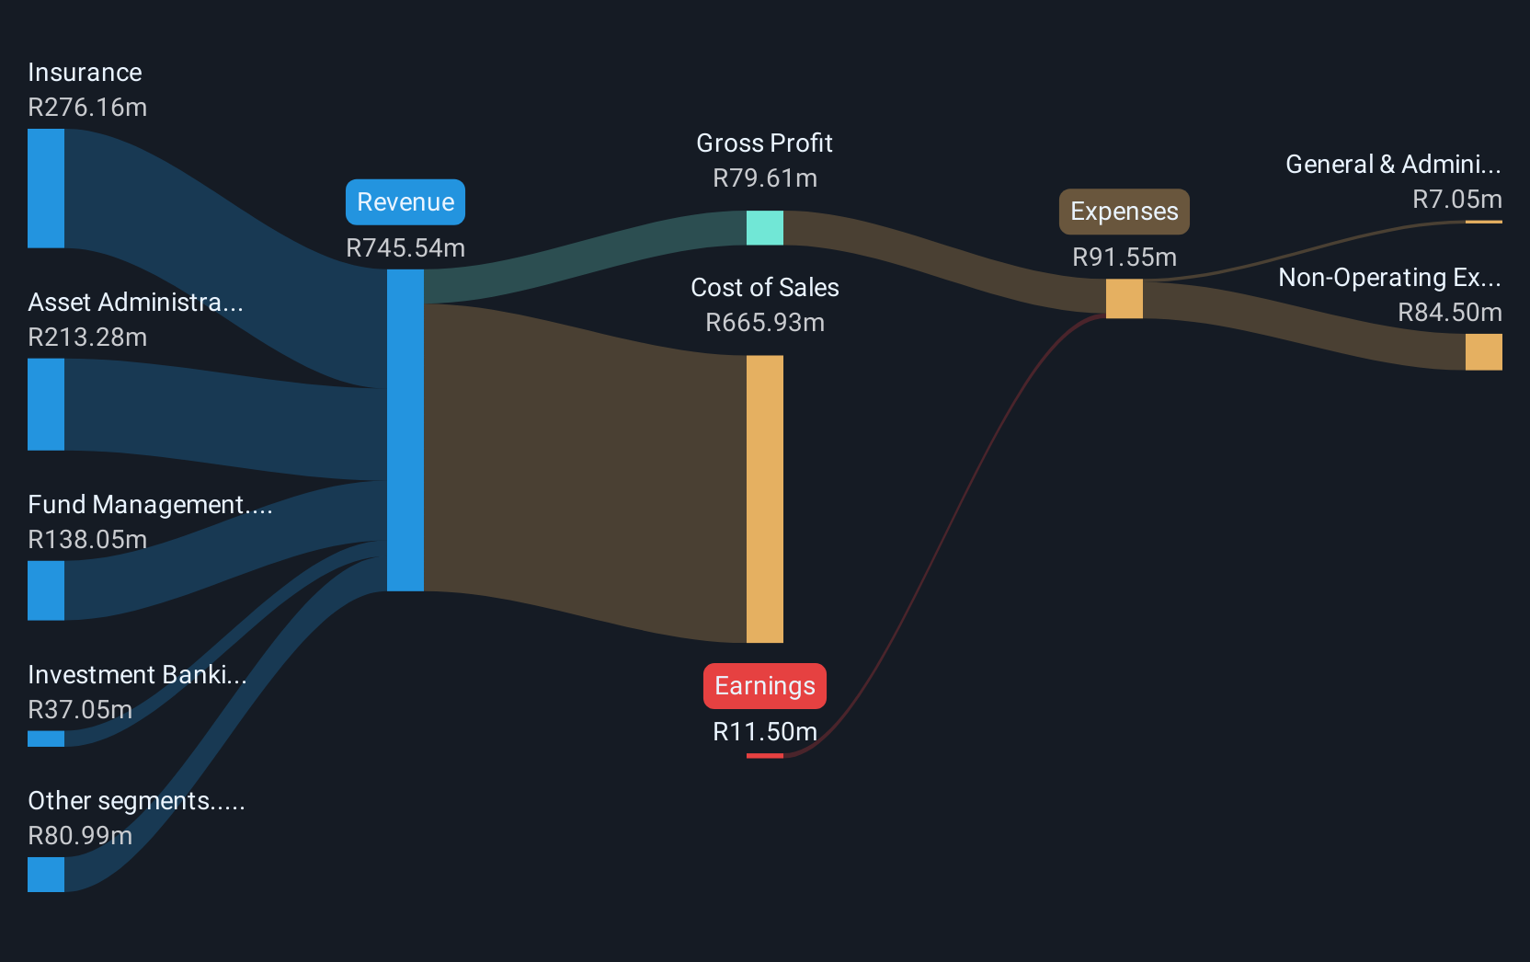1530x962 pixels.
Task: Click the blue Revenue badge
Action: [x=405, y=202]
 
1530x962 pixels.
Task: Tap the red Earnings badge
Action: [x=764, y=686]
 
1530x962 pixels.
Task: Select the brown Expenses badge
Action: [x=1124, y=212]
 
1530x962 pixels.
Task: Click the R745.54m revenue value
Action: [x=405, y=248]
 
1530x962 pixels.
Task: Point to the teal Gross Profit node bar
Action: [x=764, y=228]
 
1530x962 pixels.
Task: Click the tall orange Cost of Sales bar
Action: [x=764, y=498]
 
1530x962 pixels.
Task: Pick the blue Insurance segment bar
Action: [x=46, y=189]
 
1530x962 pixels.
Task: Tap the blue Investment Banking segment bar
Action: [x=46, y=739]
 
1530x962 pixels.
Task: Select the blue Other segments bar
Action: [x=46, y=875]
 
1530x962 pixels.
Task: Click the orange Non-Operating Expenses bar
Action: [x=1483, y=352]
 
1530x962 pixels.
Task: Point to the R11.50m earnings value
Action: [x=764, y=732]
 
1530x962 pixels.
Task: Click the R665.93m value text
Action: [x=764, y=323]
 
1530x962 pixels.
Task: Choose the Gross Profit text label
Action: [x=764, y=143]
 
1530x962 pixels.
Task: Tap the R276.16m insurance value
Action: [x=87, y=108]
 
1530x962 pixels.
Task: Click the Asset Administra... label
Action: [x=135, y=303]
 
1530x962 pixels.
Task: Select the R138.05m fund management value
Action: [x=87, y=540]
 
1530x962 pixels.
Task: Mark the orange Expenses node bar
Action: [x=1124, y=299]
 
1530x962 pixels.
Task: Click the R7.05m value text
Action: [x=1456, y=200]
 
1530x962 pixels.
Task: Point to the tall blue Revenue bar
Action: [x=405, y=429]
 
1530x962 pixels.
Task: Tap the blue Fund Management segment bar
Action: [x=46, y=590]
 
